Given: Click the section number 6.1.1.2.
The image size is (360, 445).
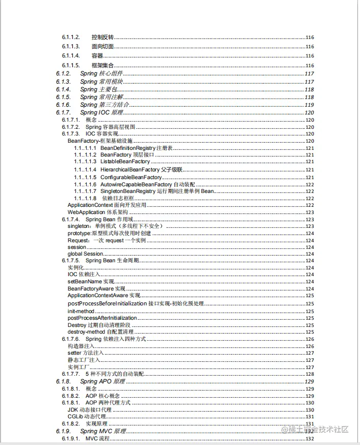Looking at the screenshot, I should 71,37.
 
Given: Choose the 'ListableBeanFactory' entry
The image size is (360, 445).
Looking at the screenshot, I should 125,162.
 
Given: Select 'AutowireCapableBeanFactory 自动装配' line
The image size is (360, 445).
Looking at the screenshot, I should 148,184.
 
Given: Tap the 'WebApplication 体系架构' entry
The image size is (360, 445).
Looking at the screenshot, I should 98,212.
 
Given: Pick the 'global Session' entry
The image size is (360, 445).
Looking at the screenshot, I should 86,254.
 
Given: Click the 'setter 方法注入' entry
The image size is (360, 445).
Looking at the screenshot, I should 86,353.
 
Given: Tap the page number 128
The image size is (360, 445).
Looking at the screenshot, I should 310,374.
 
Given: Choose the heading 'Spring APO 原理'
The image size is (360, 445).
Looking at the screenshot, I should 103,381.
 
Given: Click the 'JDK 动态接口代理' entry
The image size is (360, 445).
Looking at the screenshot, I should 89,410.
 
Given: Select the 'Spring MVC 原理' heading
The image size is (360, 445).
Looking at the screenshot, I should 103,431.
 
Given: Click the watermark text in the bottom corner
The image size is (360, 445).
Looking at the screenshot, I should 314,429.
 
